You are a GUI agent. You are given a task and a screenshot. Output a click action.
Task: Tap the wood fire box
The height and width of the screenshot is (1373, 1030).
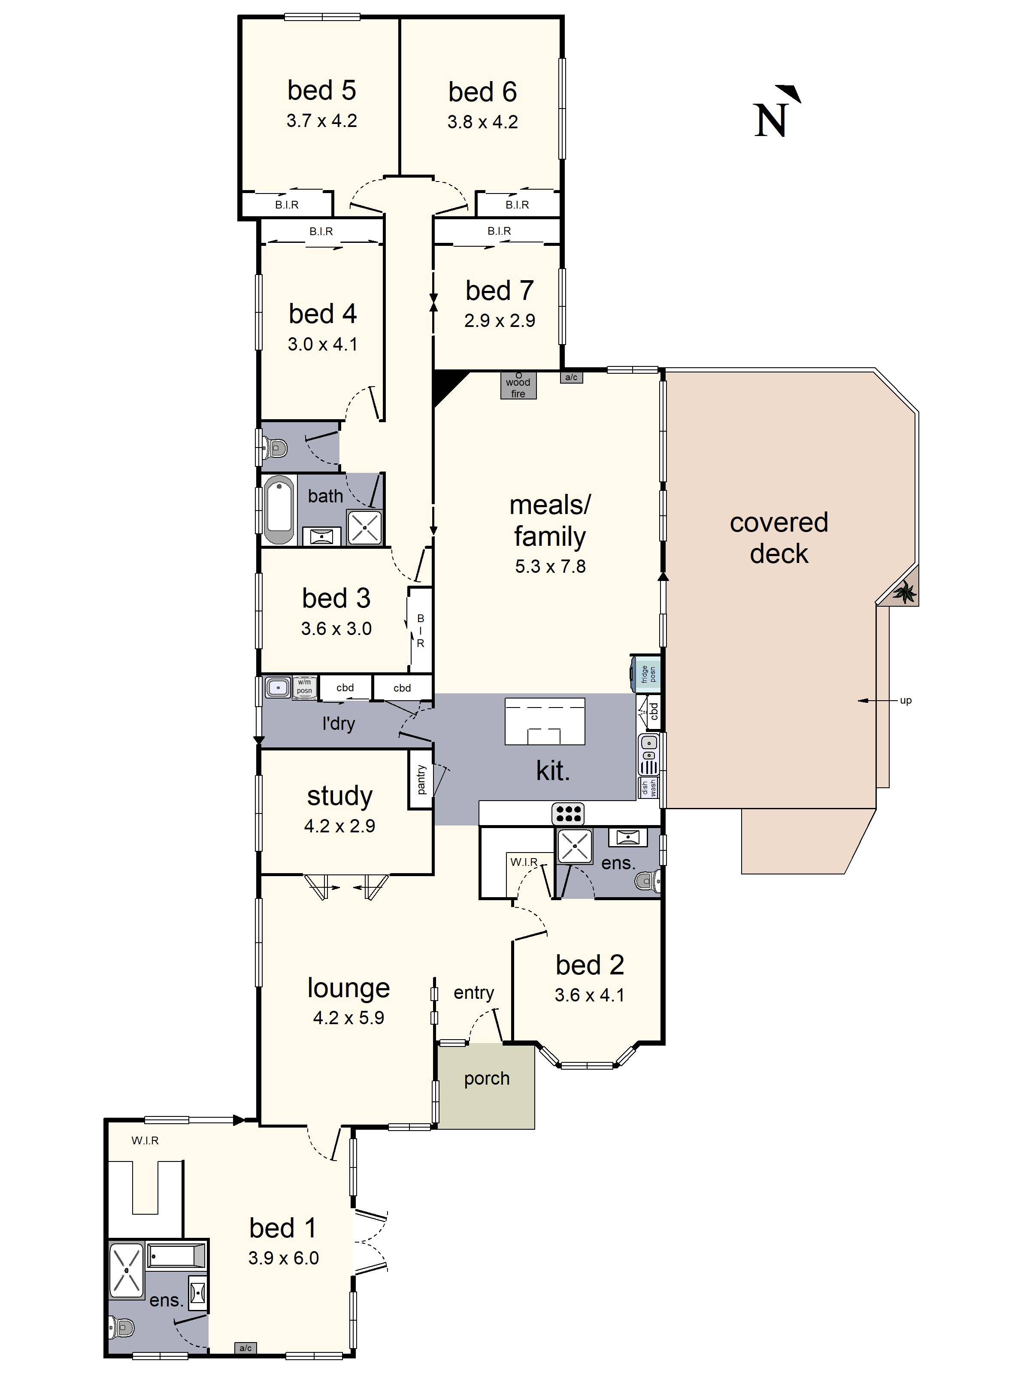518,385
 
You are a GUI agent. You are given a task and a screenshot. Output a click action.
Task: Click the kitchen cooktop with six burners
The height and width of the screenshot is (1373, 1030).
568,813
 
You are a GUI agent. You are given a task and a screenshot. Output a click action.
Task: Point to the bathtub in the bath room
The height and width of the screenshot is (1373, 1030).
279,510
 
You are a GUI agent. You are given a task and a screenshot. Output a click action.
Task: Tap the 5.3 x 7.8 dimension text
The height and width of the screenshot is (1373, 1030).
550,566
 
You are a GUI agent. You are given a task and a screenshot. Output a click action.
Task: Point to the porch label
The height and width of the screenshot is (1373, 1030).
486,1078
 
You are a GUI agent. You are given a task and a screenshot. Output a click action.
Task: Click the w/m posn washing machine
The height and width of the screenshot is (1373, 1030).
304,686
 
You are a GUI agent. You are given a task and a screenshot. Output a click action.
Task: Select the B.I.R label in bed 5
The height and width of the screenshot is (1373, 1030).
287,205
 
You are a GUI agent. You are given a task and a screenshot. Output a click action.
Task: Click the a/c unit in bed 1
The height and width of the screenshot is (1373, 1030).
245,1348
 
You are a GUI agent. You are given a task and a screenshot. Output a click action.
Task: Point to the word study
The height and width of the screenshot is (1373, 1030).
339,796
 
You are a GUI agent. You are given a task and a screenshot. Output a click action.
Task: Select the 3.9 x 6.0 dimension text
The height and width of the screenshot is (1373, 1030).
283,1258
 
